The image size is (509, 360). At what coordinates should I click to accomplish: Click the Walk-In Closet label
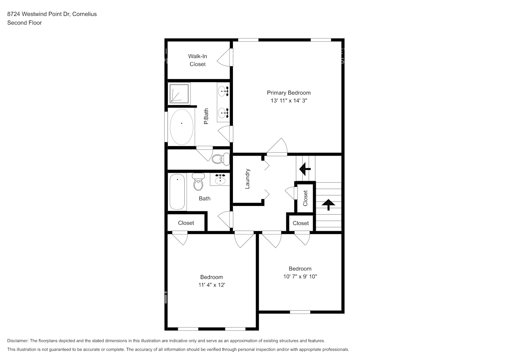pos(198,60)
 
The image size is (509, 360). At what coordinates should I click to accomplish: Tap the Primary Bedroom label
pos(288,93)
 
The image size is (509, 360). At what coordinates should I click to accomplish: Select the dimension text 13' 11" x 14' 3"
pos(288,101)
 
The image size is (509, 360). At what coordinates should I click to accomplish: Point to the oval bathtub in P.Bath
pos(181,127)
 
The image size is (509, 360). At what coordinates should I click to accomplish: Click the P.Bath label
pos(206,117)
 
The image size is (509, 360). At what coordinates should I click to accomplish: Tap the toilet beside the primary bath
pos(220,159)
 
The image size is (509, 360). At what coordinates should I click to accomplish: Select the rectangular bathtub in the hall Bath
pos(177,192)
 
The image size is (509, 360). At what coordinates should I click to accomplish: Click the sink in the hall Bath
pos(220,179)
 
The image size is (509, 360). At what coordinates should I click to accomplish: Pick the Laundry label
pos(247,179)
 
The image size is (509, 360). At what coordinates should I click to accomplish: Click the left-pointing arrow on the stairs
pos(305,168)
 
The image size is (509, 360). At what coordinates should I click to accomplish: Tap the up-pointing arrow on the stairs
pos(328,204)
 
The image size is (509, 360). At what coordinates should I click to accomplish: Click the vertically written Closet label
pos(305,198)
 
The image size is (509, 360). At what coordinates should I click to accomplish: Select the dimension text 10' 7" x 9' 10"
pos(300,277)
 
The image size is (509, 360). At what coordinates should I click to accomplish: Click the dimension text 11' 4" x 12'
pos(212,285)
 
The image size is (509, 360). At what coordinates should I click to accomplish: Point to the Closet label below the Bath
pos(186,223)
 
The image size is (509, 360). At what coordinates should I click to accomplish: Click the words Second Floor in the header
pos(24,23)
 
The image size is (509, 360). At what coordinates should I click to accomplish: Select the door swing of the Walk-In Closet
pos(225,58)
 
